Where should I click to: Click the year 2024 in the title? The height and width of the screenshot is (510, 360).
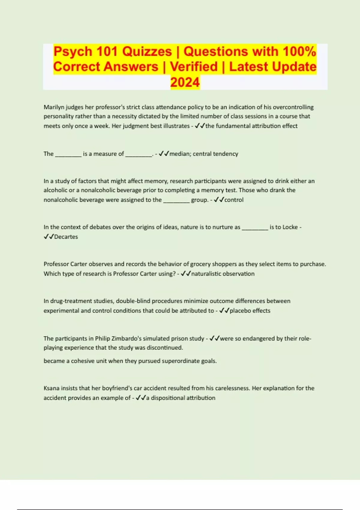tap(185, 82)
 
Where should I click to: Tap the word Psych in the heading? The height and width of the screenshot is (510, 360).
tap(73, 52)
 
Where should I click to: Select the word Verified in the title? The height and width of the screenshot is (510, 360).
tap(194, 67)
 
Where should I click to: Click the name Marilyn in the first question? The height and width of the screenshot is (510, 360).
tap(54, 107)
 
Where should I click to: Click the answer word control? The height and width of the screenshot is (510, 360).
tap(234, 200)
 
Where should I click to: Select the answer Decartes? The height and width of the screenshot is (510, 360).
tap(66, 237)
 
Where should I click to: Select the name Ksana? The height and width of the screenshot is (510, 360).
tap(52, 388)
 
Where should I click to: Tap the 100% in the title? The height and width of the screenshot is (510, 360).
tap(299, 52)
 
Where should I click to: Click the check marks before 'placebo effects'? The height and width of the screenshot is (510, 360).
tap(224, 311)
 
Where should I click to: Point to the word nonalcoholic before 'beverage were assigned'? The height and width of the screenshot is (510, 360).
tap(61, 200)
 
